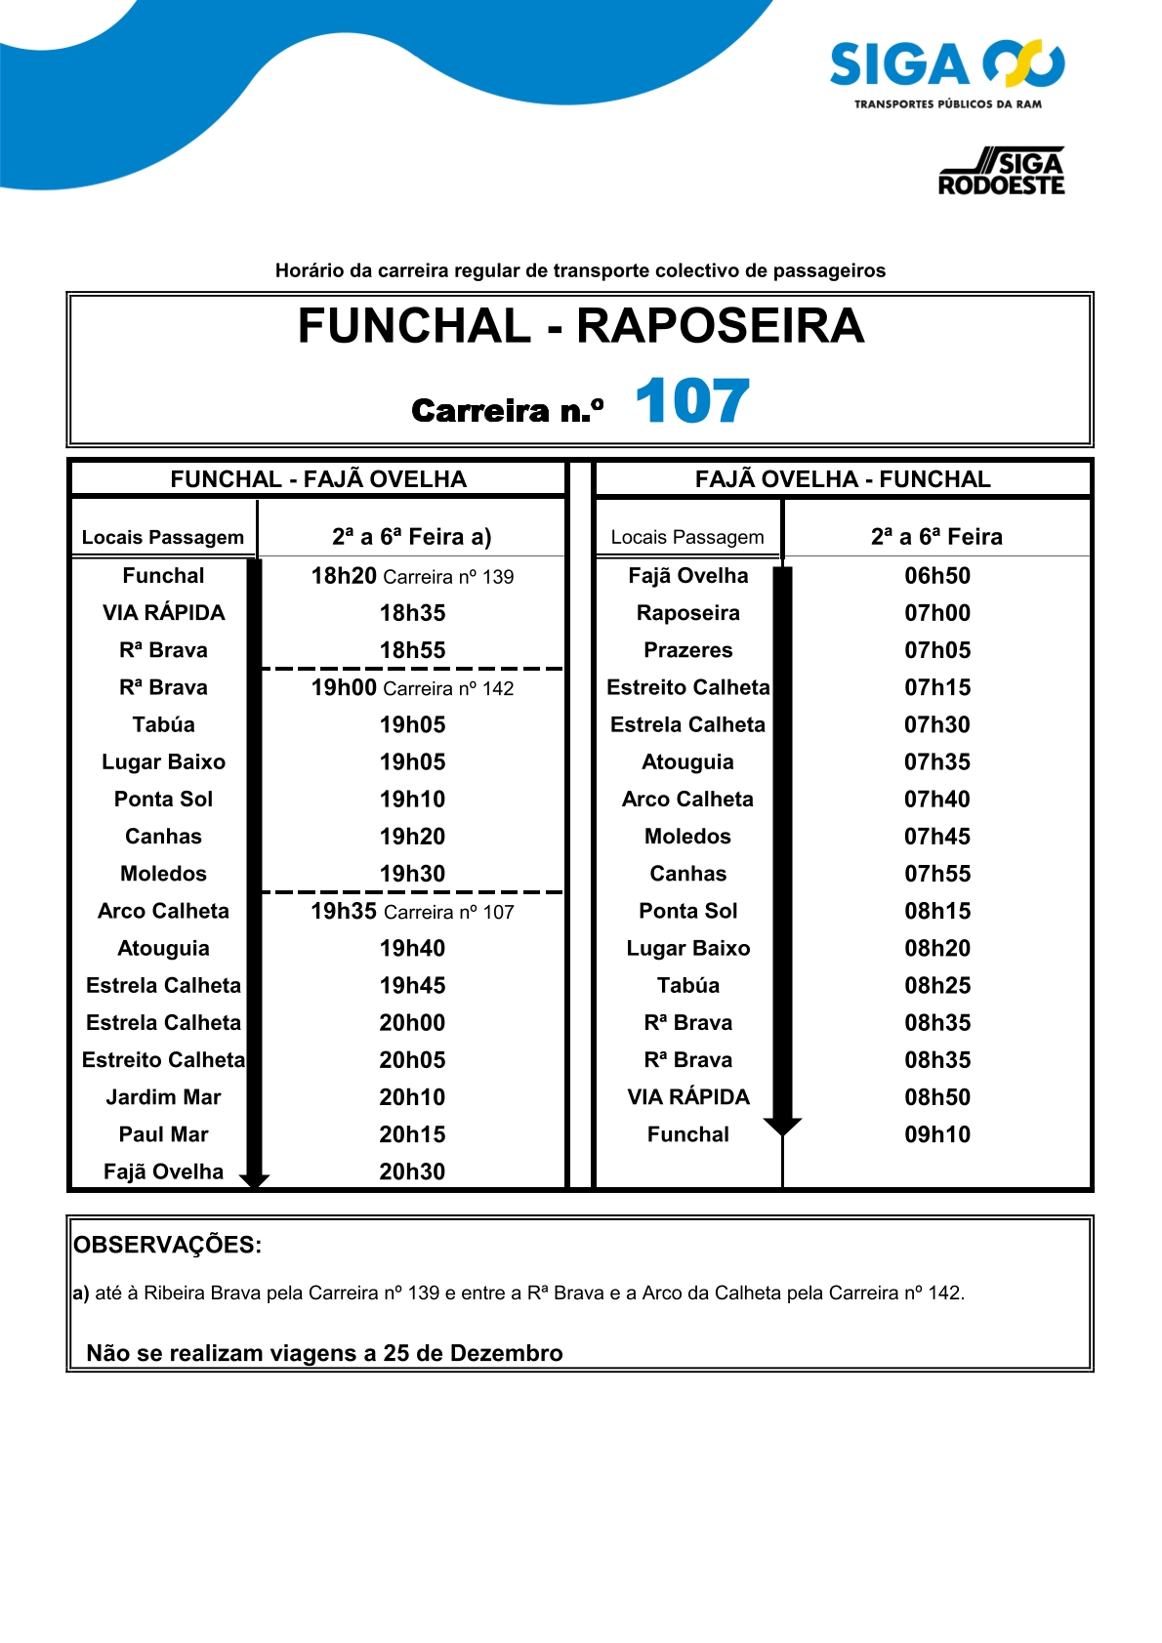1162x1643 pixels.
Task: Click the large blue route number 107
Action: (691, 401)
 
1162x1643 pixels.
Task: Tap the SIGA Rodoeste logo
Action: (1001, 173)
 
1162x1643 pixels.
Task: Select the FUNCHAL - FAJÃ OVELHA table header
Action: (318, 479)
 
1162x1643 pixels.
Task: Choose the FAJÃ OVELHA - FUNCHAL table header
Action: (843, 479)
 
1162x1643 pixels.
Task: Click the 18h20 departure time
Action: (344, 576)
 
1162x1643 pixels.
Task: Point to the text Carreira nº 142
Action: (449, 689)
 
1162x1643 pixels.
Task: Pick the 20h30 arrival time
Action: (412, 1171)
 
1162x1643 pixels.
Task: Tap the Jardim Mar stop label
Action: (163, 1097)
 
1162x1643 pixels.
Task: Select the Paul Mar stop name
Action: (163, 1134)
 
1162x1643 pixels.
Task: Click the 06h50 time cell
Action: (937, 576)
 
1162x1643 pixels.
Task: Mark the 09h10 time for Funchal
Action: (937, 1134)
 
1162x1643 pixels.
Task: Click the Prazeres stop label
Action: (687, 650)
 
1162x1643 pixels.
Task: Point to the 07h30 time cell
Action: (937, 724)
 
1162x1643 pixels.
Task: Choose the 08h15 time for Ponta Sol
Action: (937, 911)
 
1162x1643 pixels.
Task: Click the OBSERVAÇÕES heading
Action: (168, 1246)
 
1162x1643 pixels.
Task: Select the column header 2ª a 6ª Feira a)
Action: (411, 537)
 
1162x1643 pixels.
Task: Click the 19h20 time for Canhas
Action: (412, 837)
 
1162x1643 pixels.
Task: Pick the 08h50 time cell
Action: (937, 1097)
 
